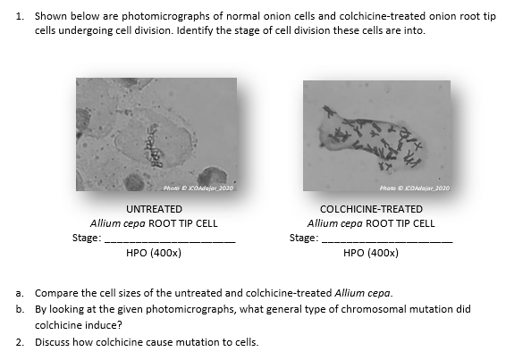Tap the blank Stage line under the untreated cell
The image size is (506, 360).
tap(171, 241)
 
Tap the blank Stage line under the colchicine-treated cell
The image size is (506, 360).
tap(388, 241)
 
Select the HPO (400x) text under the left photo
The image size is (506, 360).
tap(155, 253)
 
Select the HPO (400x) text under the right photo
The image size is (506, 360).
tap(371, 253)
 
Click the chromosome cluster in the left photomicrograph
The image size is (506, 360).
tap(155, 153)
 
